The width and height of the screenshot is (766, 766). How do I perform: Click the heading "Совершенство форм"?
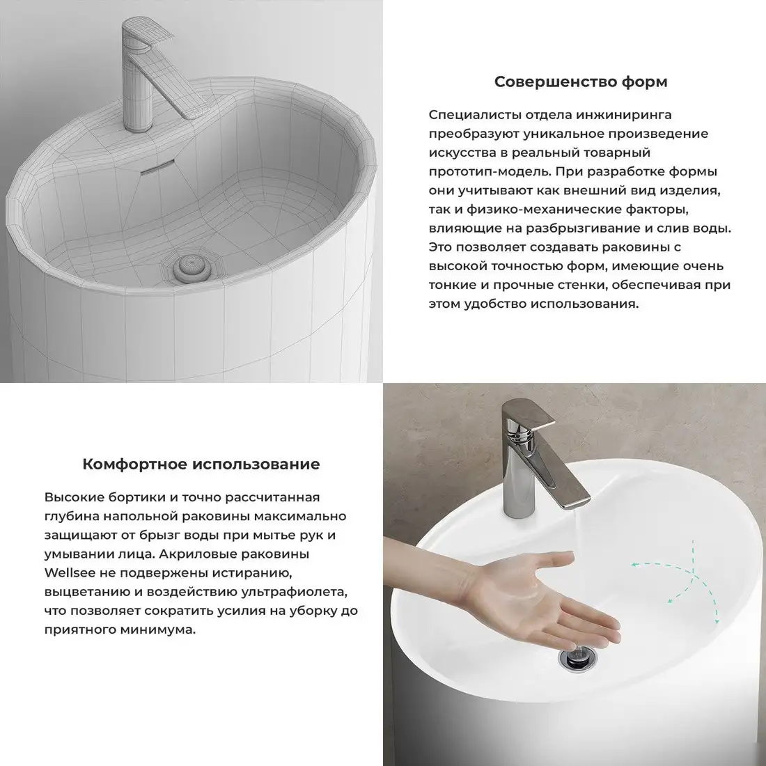[x=580, y=82]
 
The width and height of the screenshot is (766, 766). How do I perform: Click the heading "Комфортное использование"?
[x=201, y=464]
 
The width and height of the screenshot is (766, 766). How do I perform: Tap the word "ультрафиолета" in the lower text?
[x=295, y=592]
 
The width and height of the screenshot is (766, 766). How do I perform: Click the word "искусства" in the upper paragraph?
[x=460, y=152]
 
